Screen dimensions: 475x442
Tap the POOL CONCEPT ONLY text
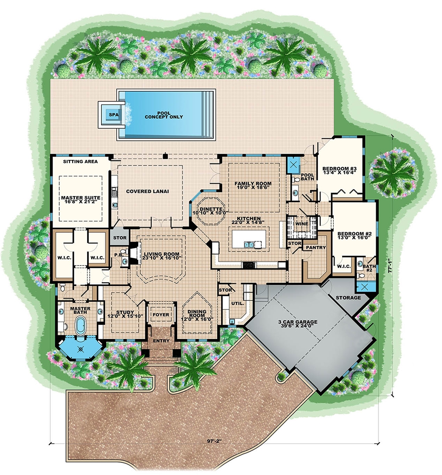[164, 114]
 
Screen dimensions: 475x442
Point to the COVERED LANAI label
[148, 191]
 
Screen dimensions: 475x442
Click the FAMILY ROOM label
[253, 186]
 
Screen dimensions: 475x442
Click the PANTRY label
[316, 248]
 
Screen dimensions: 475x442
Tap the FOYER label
[161, 315]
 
